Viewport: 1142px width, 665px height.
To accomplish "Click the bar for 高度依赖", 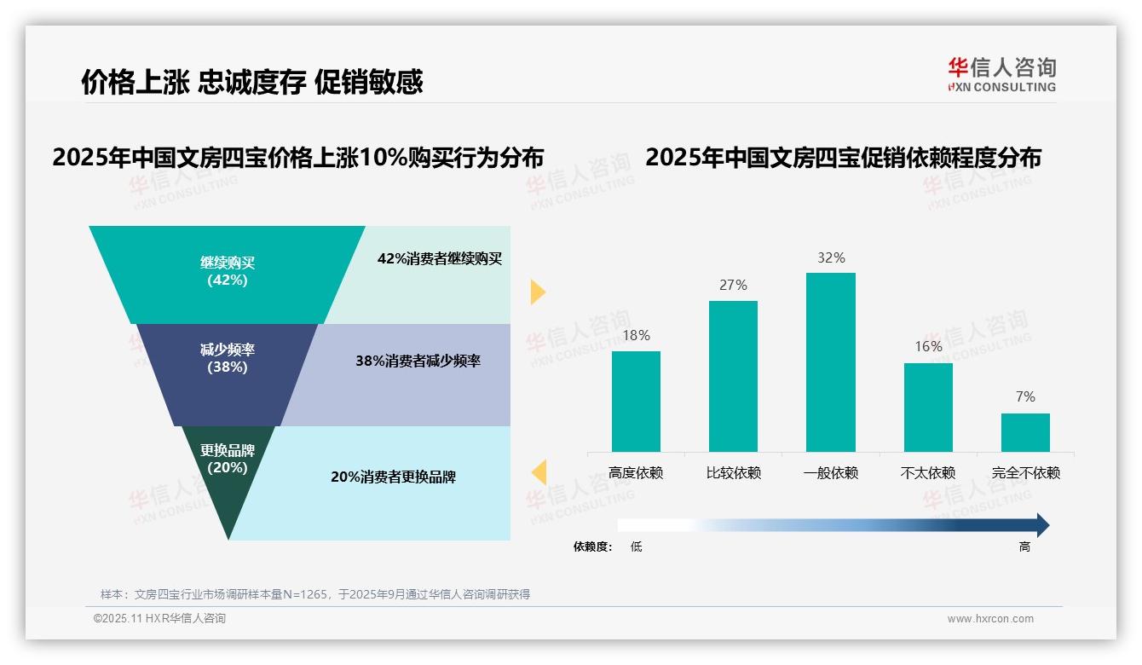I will pos(636,401).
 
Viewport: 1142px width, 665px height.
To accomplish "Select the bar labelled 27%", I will pos(733,376).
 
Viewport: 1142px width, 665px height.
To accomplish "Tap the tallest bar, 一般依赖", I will pos(830,361).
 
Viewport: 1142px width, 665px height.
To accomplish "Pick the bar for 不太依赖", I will pos(928,407).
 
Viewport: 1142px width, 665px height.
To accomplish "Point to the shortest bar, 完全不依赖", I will pos(1025,432).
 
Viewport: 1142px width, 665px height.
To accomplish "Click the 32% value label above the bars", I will pos(830,257).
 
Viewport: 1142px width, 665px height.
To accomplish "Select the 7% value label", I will pos(1025,397).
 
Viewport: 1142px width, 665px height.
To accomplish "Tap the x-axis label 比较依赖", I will pos(733,473).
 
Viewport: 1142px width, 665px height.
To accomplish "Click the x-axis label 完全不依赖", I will pos(1025,473).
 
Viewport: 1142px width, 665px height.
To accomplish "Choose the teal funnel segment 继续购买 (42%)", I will pos(228,273).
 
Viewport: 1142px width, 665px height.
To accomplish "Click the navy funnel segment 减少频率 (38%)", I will pos(228,373).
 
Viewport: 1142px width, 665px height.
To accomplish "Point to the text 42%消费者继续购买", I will pos(439,259).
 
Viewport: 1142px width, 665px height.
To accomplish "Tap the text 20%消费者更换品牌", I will pos(393,477).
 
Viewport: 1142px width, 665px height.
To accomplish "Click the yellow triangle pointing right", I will pos(537,292).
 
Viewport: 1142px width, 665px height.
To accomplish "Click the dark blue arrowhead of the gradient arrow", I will pos(1041,525).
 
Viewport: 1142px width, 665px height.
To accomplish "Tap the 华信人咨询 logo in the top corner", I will pos(1001,74).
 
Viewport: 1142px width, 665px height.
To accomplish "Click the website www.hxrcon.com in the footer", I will pos(990,619).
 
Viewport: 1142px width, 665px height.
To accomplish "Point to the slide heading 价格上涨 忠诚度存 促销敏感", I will pos(251,82).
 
